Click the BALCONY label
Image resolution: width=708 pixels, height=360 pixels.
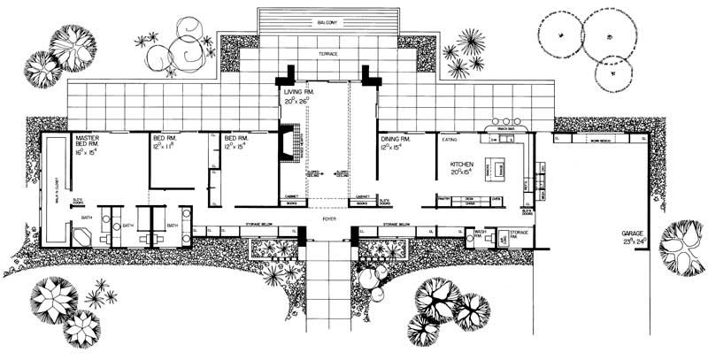[327, 20]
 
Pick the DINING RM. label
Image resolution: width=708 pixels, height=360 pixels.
[396, 139]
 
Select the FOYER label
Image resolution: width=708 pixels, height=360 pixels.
[329, 214]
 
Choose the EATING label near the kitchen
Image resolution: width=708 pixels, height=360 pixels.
[450, 139]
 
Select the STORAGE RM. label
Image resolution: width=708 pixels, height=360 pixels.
[519, 233]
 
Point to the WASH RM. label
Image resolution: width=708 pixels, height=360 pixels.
[481, 233]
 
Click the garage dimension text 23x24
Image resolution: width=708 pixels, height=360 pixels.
[635, 240]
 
